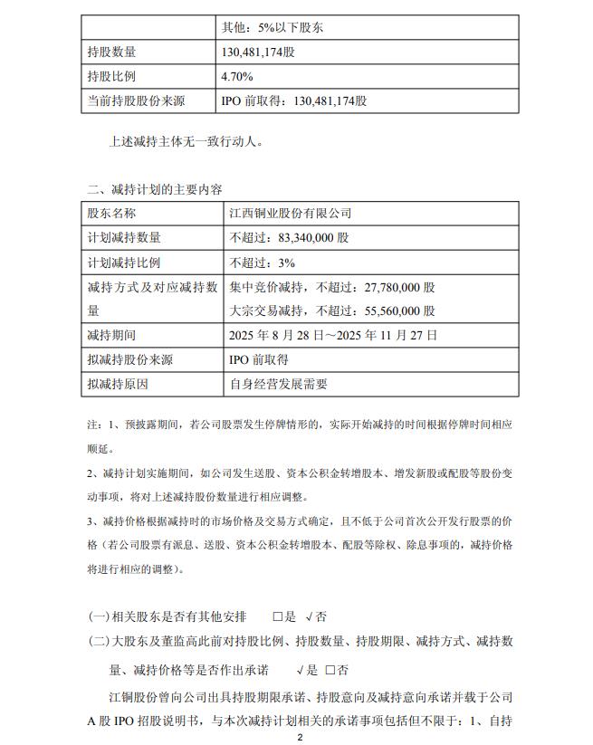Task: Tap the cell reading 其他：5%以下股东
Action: pos(273,28)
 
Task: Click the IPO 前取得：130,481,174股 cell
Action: pos(294,100)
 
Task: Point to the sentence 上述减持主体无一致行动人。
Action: pos(187,141)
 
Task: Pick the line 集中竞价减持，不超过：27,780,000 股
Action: pos(332,287)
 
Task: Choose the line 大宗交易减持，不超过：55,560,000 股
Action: pos(332,310)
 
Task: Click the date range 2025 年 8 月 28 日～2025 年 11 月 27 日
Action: pos(334,335)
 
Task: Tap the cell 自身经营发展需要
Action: pos(277,384)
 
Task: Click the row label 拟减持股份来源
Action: pos(130,359)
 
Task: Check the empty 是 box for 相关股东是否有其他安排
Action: pos(277,616)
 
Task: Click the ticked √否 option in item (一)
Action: pos(316,616)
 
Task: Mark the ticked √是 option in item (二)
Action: pos(307,670)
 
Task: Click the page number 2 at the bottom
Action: pos(299,738)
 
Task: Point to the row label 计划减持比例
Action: pos(124,263)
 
